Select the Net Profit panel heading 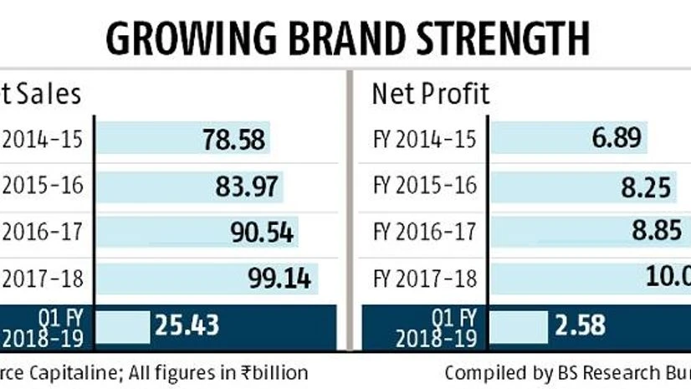(431, 94)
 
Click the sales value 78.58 (233, 139)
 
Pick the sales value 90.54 (261, 232)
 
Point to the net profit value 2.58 (579, 324)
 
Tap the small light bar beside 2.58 (519, 324)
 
